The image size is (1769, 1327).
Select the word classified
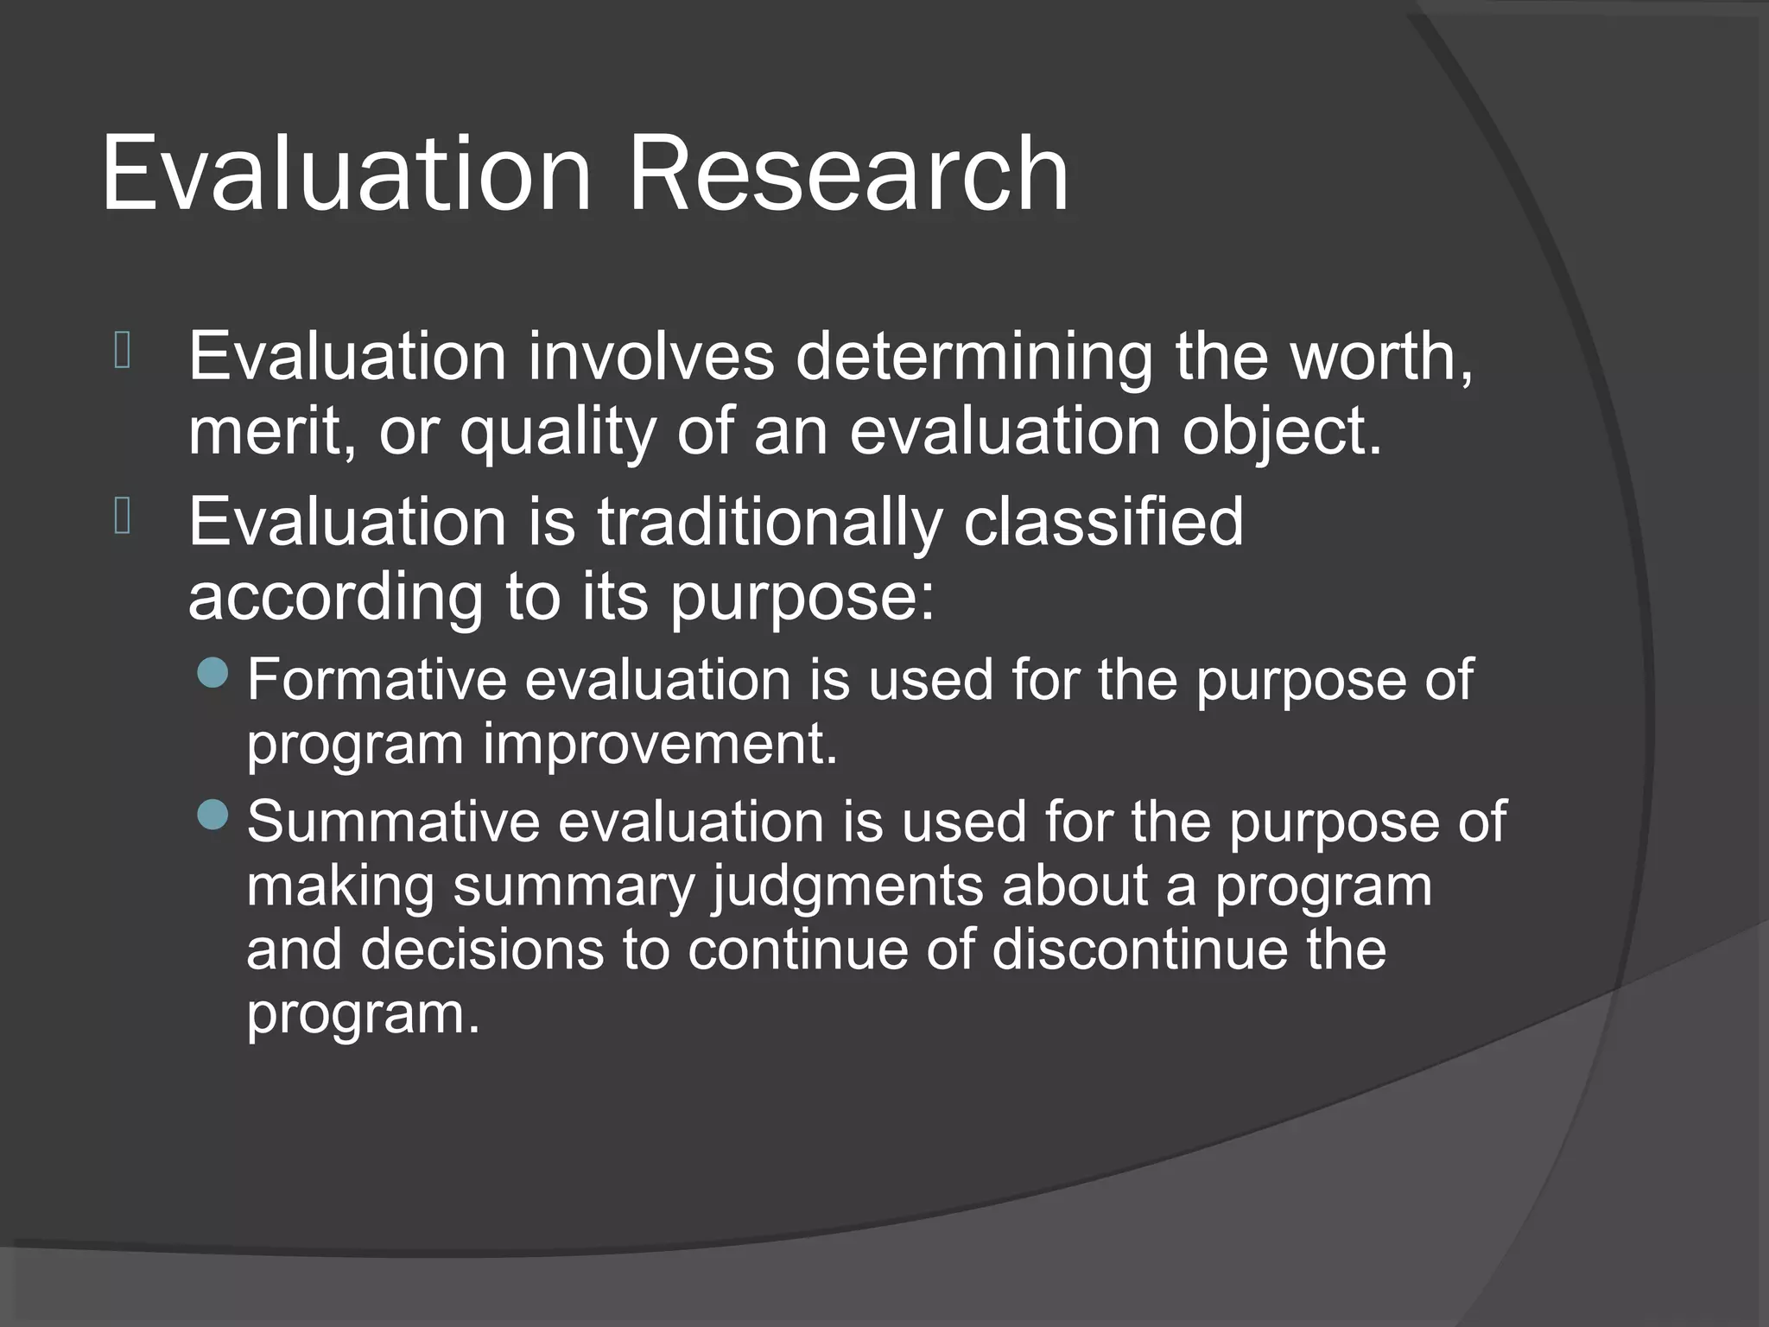click(1103, 522)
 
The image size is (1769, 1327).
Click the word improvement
click(659, 744)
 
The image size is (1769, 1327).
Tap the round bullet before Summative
click(212, 814)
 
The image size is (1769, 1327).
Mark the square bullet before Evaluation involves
click(123, 351)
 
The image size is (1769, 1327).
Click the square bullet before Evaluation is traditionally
click(123, 517)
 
